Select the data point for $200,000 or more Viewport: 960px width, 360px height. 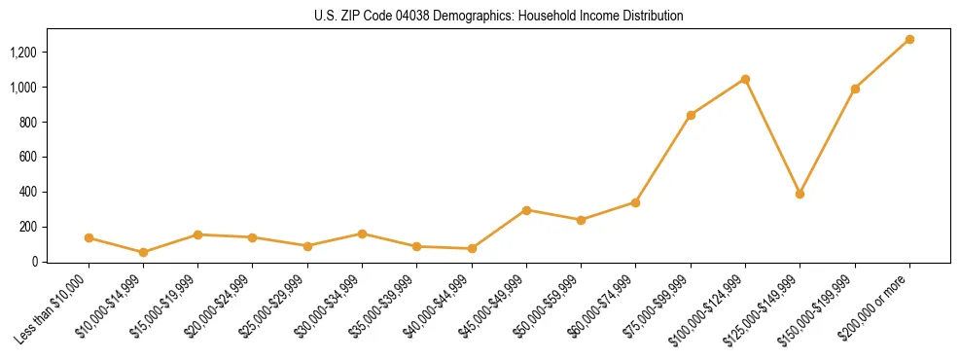909,40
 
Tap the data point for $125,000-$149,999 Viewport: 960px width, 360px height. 800,194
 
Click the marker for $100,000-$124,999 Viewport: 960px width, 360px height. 745,79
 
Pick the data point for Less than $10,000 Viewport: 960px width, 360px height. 89,237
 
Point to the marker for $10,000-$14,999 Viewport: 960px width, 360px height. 143,252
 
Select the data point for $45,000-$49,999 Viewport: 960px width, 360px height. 526,210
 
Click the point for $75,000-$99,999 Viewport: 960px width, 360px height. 691,115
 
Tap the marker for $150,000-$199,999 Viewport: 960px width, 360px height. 855,89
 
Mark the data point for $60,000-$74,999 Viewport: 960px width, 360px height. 635,202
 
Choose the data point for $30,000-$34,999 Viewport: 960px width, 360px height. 362,234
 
